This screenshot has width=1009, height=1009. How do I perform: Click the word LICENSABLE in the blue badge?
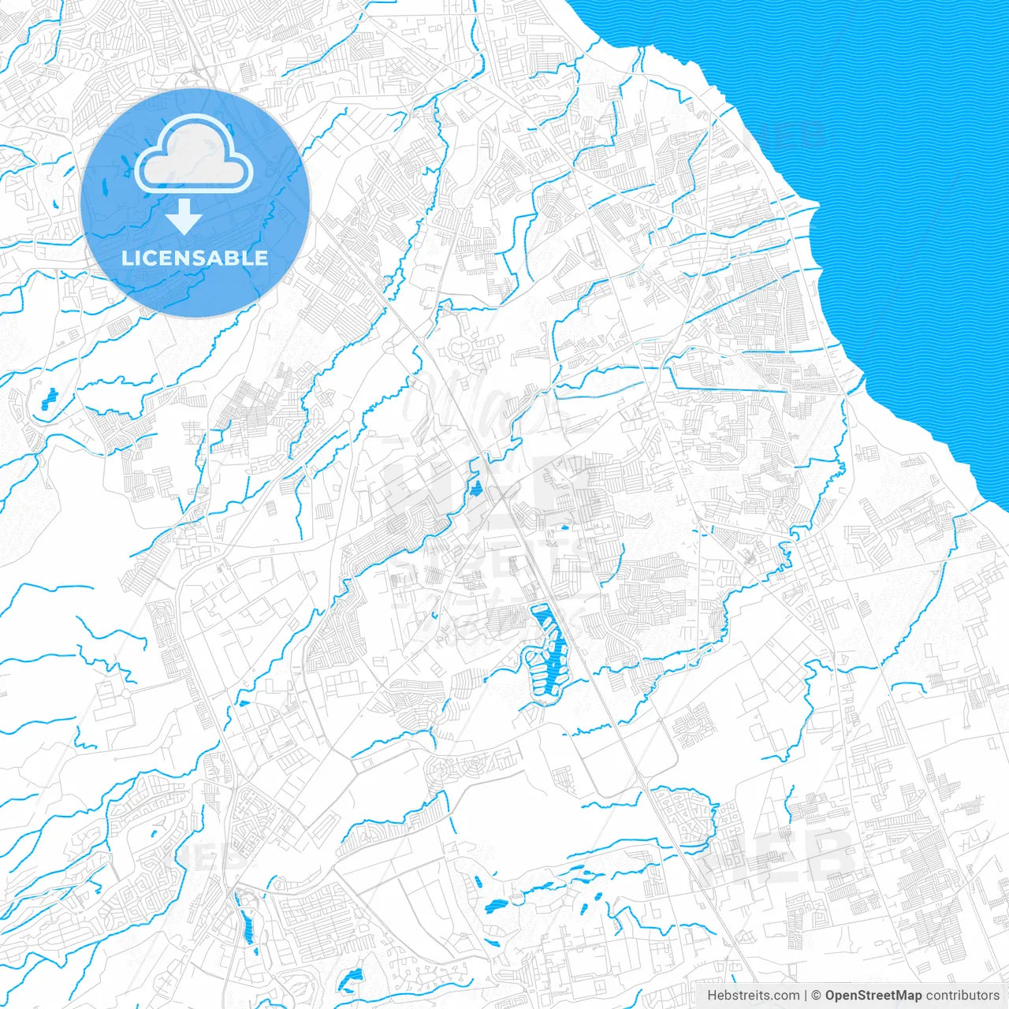[x=195, y=258]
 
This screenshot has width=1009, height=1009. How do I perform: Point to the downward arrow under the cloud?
[x=184, y=216]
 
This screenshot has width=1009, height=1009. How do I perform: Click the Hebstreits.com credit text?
[x=754, y=996]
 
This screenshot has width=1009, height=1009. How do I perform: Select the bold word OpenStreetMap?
[x=873, y=996]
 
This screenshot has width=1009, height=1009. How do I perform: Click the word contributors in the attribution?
[x=962, y=996]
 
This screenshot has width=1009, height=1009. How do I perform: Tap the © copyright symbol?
[x=817, y=996]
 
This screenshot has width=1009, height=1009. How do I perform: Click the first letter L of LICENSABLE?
[x=126, y=258]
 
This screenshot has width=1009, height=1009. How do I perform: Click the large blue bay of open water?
[x=883, y=197]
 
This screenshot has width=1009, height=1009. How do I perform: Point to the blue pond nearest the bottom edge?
[x=348, y=982]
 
